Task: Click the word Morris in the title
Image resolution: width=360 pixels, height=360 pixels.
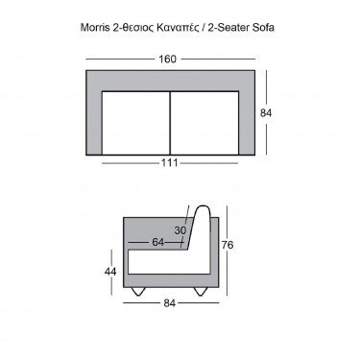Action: [95, 28]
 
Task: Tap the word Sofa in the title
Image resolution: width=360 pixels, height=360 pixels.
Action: [263, 28]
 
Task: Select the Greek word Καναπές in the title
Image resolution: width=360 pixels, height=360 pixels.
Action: [178, 28]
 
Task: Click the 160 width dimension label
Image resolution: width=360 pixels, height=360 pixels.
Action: [167, 60]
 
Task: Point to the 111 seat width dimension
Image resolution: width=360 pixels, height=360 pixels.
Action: [169, 163]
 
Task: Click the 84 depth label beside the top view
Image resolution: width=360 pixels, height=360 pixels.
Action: [266, 113]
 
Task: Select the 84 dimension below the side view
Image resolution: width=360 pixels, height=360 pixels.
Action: [169, 303]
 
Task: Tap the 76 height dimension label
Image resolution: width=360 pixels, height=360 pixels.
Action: [228, 245]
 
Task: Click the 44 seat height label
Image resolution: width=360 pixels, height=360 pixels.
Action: [110, 272]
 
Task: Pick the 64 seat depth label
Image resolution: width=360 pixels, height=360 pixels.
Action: [157, 242]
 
